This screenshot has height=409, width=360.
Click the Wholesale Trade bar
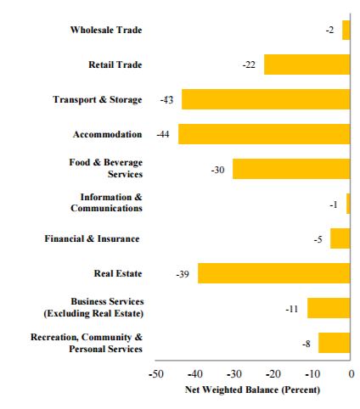tap(346, 30)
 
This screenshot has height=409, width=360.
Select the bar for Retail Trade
tap(307, 64)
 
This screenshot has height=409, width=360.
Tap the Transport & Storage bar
tap(266, 99)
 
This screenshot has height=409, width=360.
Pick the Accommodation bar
tap(264, 134)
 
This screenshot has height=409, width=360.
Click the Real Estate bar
tap(274, 273)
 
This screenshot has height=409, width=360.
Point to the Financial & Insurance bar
tap(340, 238)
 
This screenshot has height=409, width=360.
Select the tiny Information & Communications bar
tap(348, 204)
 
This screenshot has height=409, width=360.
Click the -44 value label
tap(163, 134)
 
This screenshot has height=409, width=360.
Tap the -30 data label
tap(217, 170)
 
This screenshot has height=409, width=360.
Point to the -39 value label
tap(183, 274)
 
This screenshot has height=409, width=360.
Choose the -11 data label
tap(292, 309)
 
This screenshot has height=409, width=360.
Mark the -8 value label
tap(307, 344)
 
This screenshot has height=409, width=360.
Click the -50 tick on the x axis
tap(156, 374)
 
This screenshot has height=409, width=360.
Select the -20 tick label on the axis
tap(273, 374)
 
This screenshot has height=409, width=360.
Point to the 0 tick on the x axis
tap(352, 374)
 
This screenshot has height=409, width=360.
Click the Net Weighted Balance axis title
tap(252, 389)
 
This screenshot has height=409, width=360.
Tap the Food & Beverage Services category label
tap(106, 168)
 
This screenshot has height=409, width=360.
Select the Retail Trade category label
tap(115, 64)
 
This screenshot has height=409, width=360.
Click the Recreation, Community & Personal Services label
tap(87, 343)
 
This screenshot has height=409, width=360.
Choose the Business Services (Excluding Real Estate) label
tap(93, 307)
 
